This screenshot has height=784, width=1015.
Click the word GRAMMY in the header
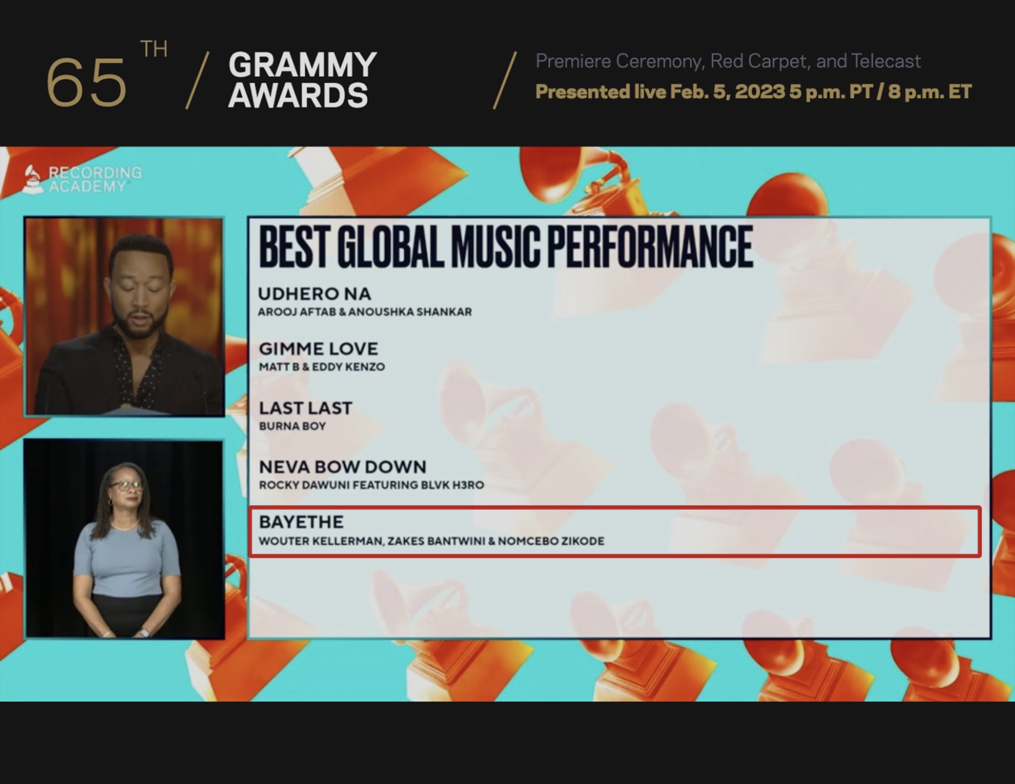tap(303, 65)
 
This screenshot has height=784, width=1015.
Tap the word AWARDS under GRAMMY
tap(298, 96)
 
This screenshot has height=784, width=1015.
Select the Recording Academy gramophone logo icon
tap(32, 179)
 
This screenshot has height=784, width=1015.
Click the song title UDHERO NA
tap(314, 294)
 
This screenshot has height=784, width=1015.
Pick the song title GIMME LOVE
tap(318, 348)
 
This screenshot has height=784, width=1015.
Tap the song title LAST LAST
tap(305, 408)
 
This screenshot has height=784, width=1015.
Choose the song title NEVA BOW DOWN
tap(343, 467)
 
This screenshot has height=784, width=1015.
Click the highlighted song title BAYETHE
tap(301, 522)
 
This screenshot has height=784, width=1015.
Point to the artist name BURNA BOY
tap(292, 426)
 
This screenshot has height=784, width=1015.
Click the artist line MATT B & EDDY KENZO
tap(322, 367)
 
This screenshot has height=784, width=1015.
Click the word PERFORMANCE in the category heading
tap(650, 247)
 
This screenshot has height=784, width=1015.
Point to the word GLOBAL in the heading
tap(390, 247)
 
